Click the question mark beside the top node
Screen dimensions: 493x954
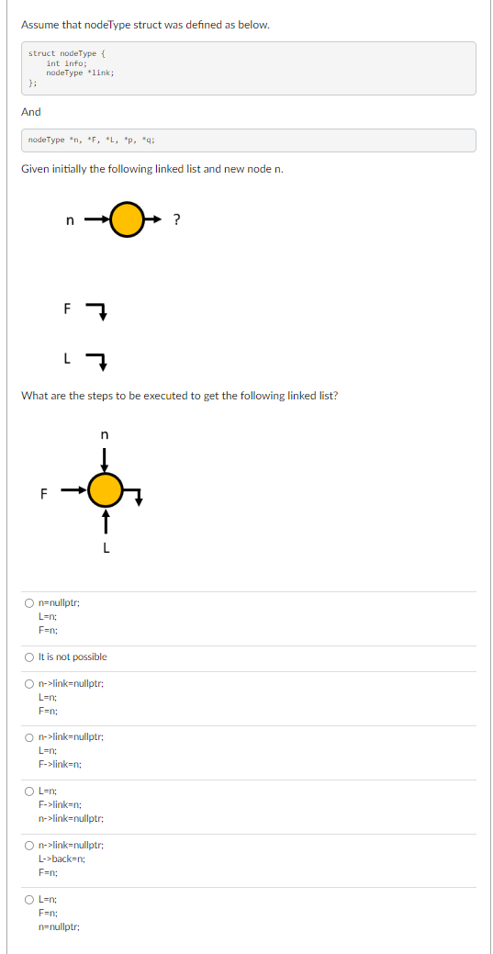pos(176,219)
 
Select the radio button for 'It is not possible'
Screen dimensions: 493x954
pos(30,657)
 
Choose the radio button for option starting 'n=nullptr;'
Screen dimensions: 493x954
pos(30,603)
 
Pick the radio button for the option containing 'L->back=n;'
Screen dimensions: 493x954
pos(30,845)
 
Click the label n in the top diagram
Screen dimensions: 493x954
pos(71,219)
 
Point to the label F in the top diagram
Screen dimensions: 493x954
pos(66,309)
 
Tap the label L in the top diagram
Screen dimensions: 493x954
pos(66,359)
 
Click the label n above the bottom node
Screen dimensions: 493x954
pos(105,433)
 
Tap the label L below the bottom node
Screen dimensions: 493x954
pos(106,549)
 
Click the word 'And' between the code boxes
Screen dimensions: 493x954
pos(31,112)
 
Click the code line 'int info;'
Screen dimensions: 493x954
pos(66,63)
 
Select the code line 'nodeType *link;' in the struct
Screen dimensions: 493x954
pos(80,73)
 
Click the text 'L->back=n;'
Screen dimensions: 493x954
pos(62,859)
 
